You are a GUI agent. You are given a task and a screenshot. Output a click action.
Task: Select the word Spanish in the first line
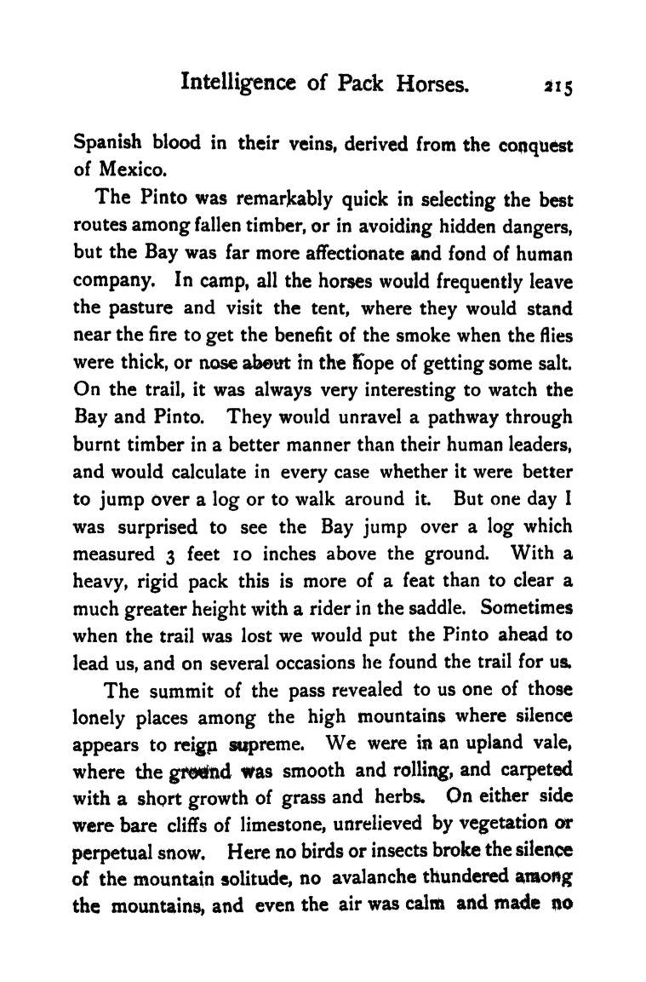click(x=107, y=144)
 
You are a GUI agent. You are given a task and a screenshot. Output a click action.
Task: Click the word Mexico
click(x=122, y=169)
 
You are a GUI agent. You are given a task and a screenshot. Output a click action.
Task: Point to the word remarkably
click(x=283, y=200)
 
